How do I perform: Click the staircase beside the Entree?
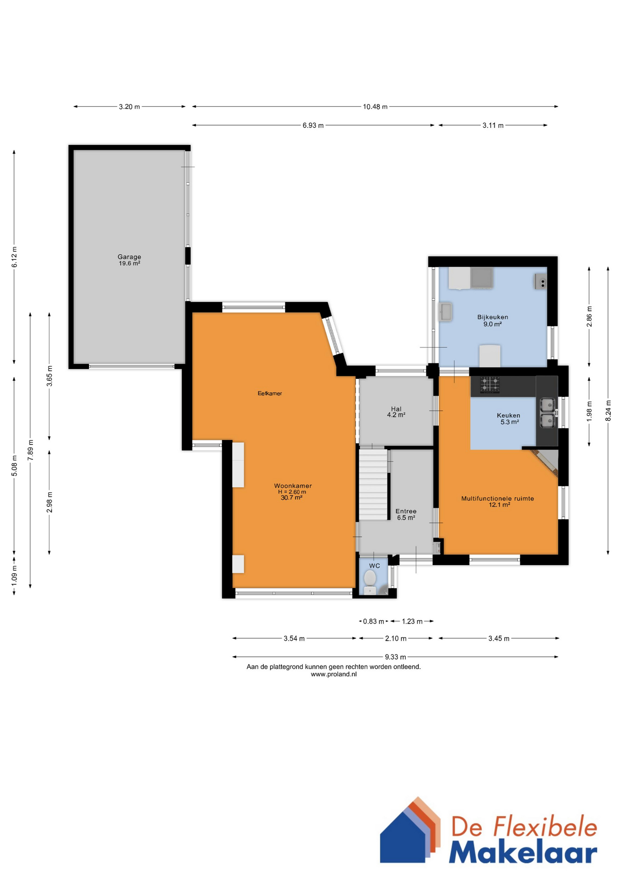(373, 484)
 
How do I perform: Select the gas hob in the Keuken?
(490, 385)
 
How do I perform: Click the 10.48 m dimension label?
(375, 107)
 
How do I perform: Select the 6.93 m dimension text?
(313, 125)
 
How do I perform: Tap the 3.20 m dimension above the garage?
(129, 107)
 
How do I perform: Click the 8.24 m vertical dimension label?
(608, 411)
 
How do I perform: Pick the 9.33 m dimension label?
(395, 657)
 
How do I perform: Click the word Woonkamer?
(293, 486)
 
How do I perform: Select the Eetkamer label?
(270, 393)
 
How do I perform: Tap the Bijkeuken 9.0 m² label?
(492, 320)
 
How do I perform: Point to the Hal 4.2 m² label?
(396, 412)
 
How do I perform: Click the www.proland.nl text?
(333, 674)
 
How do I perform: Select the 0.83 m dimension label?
(373, 621)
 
